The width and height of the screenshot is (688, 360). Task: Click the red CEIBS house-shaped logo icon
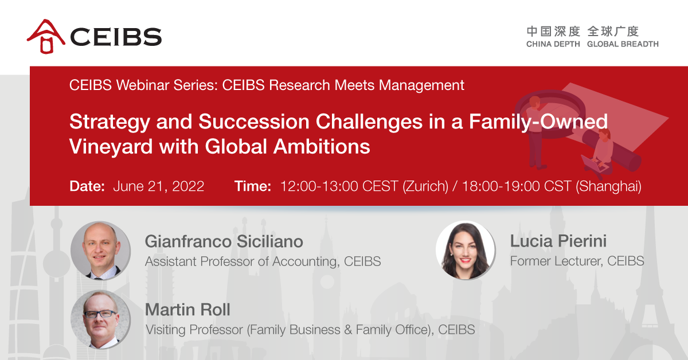[46, 36]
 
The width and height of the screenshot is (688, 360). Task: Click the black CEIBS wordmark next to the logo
[116, 37]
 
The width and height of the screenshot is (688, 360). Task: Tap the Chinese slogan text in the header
[583, 32]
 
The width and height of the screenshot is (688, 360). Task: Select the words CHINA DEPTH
[553, 44]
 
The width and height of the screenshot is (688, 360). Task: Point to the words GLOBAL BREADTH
[623, 44]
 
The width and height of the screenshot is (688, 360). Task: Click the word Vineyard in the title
[111, 147]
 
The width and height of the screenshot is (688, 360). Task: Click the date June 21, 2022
[158, 186]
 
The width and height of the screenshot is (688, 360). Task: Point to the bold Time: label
[252, 186]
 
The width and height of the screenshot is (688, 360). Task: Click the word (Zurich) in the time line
[425, 186]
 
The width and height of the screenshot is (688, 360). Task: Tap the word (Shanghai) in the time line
[608, 186]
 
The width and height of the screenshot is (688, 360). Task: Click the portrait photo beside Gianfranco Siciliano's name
[100, 251]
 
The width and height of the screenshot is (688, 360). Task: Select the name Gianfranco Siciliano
[224, 241]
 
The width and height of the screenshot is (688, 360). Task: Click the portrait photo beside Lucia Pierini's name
[466, 250]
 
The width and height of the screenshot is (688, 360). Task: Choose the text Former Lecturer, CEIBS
[577, 261]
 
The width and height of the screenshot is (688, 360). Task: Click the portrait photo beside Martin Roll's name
[100, 319]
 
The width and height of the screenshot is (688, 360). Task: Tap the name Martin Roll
[187, 310]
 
